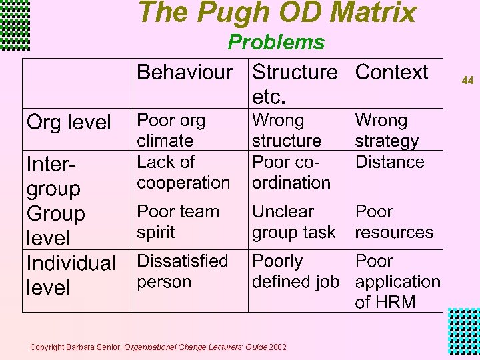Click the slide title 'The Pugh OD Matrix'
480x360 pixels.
277,13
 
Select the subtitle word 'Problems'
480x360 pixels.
276,43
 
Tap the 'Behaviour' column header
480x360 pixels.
185,72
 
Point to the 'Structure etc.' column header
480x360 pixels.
295,83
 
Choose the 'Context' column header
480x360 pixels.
391,72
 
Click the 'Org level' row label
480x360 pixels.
69,123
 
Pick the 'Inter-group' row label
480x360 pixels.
53,176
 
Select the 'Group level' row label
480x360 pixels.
56,225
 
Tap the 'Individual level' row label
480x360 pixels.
71,275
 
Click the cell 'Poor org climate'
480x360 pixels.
171,131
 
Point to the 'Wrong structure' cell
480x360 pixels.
287,131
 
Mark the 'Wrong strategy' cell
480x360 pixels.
387,131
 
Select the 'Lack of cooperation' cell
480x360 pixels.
183,172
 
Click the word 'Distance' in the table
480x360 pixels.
389,162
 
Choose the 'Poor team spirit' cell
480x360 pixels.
177,221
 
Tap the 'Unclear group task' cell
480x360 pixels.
293,221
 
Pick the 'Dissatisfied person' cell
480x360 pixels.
182,271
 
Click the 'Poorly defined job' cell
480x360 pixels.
295,271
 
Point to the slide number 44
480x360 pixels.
467,81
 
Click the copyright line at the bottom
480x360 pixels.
159,347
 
